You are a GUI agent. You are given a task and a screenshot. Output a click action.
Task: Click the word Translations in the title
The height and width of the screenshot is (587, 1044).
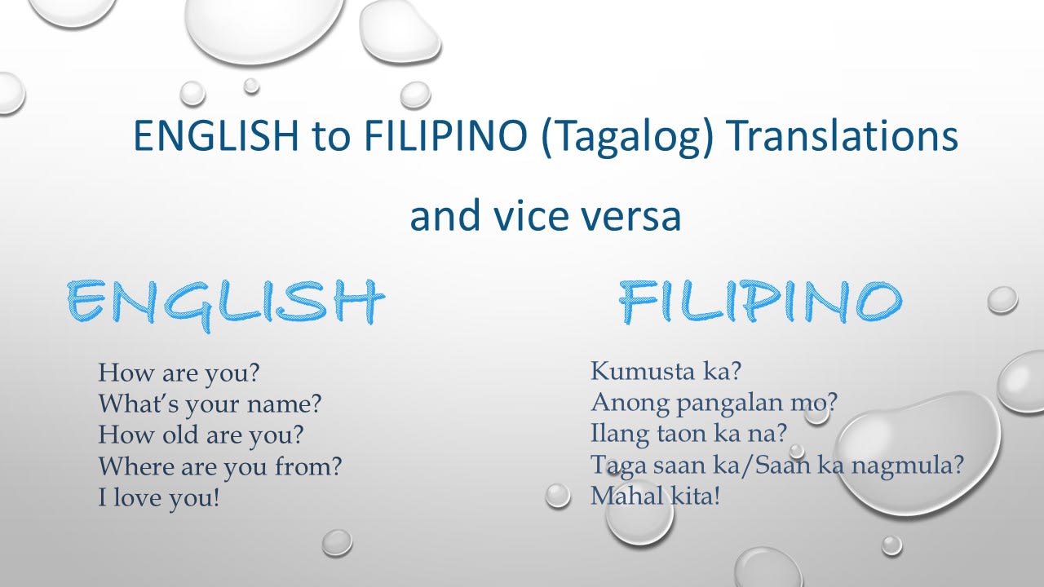(843, 135)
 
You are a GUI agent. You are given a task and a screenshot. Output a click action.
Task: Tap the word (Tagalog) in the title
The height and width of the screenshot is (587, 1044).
(627, 139)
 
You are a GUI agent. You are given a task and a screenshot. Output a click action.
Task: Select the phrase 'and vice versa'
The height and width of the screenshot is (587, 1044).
(546, 216)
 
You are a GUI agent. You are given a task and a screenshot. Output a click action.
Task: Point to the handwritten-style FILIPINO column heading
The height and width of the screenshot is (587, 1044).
(761, 302)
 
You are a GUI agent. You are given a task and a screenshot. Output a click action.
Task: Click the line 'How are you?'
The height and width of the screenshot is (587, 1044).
(179, 373)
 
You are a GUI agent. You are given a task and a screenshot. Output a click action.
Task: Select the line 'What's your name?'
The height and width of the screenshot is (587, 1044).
(210, 404)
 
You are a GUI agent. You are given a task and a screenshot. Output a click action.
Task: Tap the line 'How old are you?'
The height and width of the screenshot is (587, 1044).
(201, 435)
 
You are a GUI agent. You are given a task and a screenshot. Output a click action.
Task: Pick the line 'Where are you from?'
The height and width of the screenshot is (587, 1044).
(220, 466)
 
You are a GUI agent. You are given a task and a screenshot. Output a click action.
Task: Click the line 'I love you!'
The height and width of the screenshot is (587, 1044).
(158, 497)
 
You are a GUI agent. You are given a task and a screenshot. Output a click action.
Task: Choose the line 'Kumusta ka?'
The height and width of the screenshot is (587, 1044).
(666, 371)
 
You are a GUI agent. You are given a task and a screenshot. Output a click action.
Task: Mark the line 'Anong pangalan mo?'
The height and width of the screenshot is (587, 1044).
(714, 403)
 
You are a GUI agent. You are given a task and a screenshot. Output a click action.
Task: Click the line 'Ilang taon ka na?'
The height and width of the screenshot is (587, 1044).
(688, 434)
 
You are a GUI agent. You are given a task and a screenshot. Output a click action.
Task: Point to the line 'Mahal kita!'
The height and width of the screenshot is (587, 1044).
(655, 496)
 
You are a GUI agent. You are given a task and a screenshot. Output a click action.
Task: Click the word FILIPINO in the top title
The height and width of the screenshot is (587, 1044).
(446, 135)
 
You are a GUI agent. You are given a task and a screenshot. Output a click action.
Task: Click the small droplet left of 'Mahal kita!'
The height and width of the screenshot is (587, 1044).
(557, 495)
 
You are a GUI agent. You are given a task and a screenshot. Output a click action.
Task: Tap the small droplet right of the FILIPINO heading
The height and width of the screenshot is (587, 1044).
(1002, 299)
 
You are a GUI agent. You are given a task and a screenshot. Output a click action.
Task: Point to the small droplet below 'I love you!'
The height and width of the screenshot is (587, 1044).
(337, 543)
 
